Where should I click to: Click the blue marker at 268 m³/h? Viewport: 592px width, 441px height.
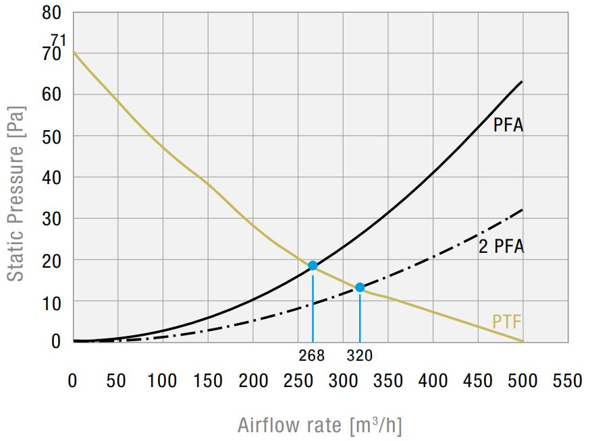pos(313,266)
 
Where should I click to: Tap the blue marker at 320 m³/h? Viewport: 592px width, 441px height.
pos(360,287)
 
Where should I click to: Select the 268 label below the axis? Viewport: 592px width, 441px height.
pos(312,355)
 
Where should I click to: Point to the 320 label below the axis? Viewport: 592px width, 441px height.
pos(359,355)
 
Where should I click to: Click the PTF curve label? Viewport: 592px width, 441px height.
pos(507,322)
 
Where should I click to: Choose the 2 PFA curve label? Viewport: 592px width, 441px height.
pos(501,246)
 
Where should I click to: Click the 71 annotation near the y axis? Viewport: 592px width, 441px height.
pos(58,40)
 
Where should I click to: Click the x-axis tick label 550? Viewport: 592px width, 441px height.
pos(568,382)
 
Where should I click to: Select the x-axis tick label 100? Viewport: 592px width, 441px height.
pos(162,382)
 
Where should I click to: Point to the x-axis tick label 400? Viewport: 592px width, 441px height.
pos(433,382)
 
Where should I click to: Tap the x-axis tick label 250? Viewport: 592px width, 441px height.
pos(298,382)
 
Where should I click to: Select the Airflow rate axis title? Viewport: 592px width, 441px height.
pos(319,425)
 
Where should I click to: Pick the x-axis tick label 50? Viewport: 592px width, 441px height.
pos(117,382)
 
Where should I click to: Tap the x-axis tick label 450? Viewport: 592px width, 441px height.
pos(478,382)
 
